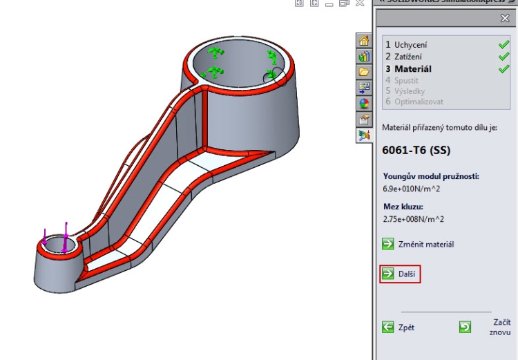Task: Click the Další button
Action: pyautogui.click(x=401, y=274)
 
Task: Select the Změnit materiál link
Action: pyautogui.click(x=425, y=244)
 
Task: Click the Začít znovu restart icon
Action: pyautogui.click(x=466, y=327)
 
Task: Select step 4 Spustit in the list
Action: pyautogui.click(x=406, y=80)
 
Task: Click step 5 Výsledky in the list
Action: pyautogui.click(x=409, y=91)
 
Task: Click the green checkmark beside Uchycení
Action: pyautogui.click(x=503, y=45)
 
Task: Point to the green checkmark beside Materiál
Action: pyautogui.click(x=503, y=68)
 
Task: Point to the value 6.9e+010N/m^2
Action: pyautogui.click(x=413, y=188)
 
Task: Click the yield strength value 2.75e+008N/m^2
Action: pyautogui.click(x=413, y=219)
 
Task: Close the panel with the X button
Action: pyautogui.click(x=505, y=19)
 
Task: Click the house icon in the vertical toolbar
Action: pyautogui.click(x=364, y=41)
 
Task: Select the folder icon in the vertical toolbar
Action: pyautogui.click(x=364, y=72)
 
